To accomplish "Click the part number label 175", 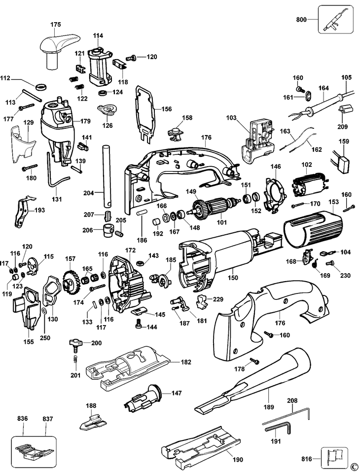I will click(x=56, y=24).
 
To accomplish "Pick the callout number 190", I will click(x=238, y=460).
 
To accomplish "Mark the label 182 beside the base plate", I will click(x=185, y=362).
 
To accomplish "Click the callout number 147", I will click(x=177, y=393).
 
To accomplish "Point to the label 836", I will click(x=22, y=419).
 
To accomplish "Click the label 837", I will click(x=47, y=419).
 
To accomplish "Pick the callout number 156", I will click(x=167, y=109).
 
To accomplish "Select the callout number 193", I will click(x=39, y=210).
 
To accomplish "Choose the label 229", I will click(x=218, y=299).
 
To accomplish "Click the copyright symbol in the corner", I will click(x=354, y=466).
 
